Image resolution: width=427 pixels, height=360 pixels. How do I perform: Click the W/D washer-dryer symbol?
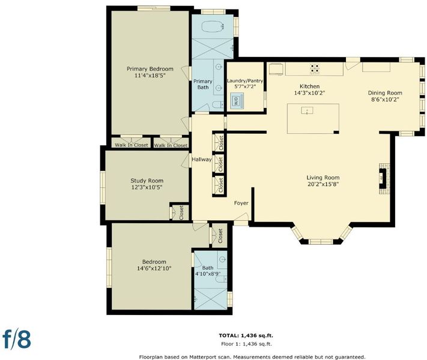click(x=237, y=101)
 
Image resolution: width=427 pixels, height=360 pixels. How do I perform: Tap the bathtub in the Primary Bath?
click(x=213, y=26)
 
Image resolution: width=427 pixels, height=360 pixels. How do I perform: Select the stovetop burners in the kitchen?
click(x=315, y=68)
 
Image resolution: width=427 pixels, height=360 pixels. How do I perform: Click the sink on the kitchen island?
click(x=307, y=110)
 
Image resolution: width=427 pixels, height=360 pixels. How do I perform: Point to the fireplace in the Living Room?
click(x=384, y=179)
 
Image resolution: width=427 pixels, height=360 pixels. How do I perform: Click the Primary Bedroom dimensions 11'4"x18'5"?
click(x=150, y=76)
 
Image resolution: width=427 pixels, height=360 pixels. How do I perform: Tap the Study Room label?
click(x=147, y=181)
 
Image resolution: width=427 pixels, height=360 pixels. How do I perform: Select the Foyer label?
click(x=241, y=203)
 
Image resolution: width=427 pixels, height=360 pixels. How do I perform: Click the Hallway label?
click(x=202, y=160)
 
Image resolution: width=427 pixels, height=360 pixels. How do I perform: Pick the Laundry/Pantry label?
click(x=245, y=81)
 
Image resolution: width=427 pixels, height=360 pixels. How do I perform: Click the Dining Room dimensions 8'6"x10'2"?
click(x=385, y=100)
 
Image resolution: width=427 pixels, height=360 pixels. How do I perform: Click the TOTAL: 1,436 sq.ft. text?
click(x=246, y=335)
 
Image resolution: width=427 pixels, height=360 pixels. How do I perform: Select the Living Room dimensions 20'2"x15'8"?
click(x=323, y=184)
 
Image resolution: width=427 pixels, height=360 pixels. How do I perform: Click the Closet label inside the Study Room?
click(x=181, y=212)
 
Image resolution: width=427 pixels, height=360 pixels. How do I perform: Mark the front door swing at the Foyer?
click(x=242, y=217)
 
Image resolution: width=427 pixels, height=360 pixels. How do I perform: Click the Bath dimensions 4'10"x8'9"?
click(x=208, y=274)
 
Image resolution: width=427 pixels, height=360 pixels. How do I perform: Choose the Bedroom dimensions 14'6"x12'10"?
click(x=154, y=268)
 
